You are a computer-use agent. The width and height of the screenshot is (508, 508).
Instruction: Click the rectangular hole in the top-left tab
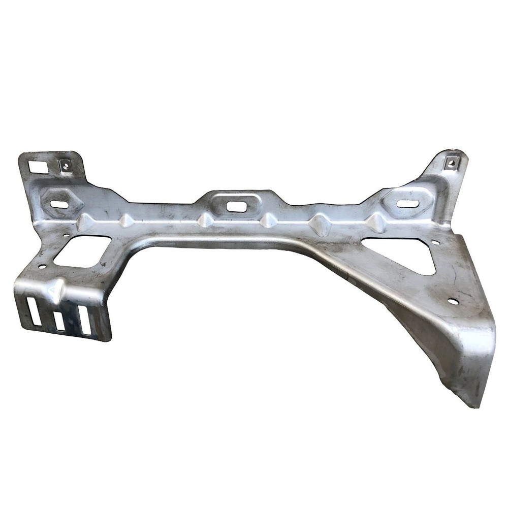pyautogui.click(x=37, y=167)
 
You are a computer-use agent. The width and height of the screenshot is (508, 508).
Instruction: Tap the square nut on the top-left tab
pyautogui.click(x=64, y=164)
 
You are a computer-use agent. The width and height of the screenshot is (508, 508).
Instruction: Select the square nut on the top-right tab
pyautogui.click(x=450, y=163)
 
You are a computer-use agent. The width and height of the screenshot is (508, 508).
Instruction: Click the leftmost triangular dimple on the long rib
pyautogui.click(x=85, y=221)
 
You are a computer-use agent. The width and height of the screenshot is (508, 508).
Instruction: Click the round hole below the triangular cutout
pyautogui.click(x=453, y=301)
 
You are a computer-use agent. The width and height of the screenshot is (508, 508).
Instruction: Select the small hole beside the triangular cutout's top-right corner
pyautogui.click(x=435, y=242)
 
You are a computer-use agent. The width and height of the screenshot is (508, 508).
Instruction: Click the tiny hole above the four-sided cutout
pyautogui.click(x=66, y=235)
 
